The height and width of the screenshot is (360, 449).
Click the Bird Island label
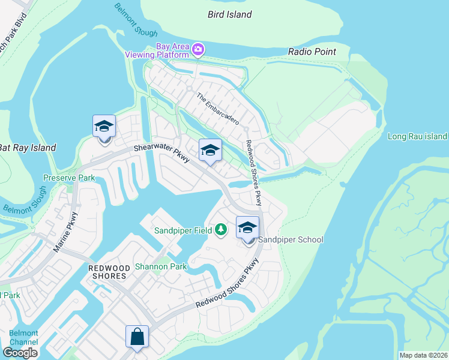pyautogui.click(x=230, y=14)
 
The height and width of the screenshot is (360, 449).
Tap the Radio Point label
pyautogui.click(x=312, y=52)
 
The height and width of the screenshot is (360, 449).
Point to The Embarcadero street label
pyautogui.click(x=217, y=109)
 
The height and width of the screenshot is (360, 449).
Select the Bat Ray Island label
pyautogui.click(x=28, y=148)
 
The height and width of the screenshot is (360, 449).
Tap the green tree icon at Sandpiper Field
pyautogui.click(x=221, y=229)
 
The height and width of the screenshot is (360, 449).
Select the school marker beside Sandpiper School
pyautogui.click(x=247, y=228)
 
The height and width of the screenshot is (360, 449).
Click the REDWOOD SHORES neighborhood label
pyautogui.click(x=107, y=271)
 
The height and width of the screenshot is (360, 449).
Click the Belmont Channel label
pyautogui.click(x=23, y=338)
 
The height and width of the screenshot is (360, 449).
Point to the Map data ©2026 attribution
pyautogui.click(x=423, y=355)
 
